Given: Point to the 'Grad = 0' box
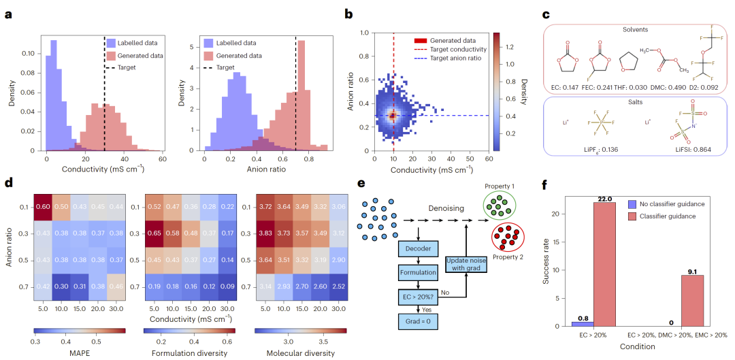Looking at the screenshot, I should coord(417,320).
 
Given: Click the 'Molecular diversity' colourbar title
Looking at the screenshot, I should coord(300,353).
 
